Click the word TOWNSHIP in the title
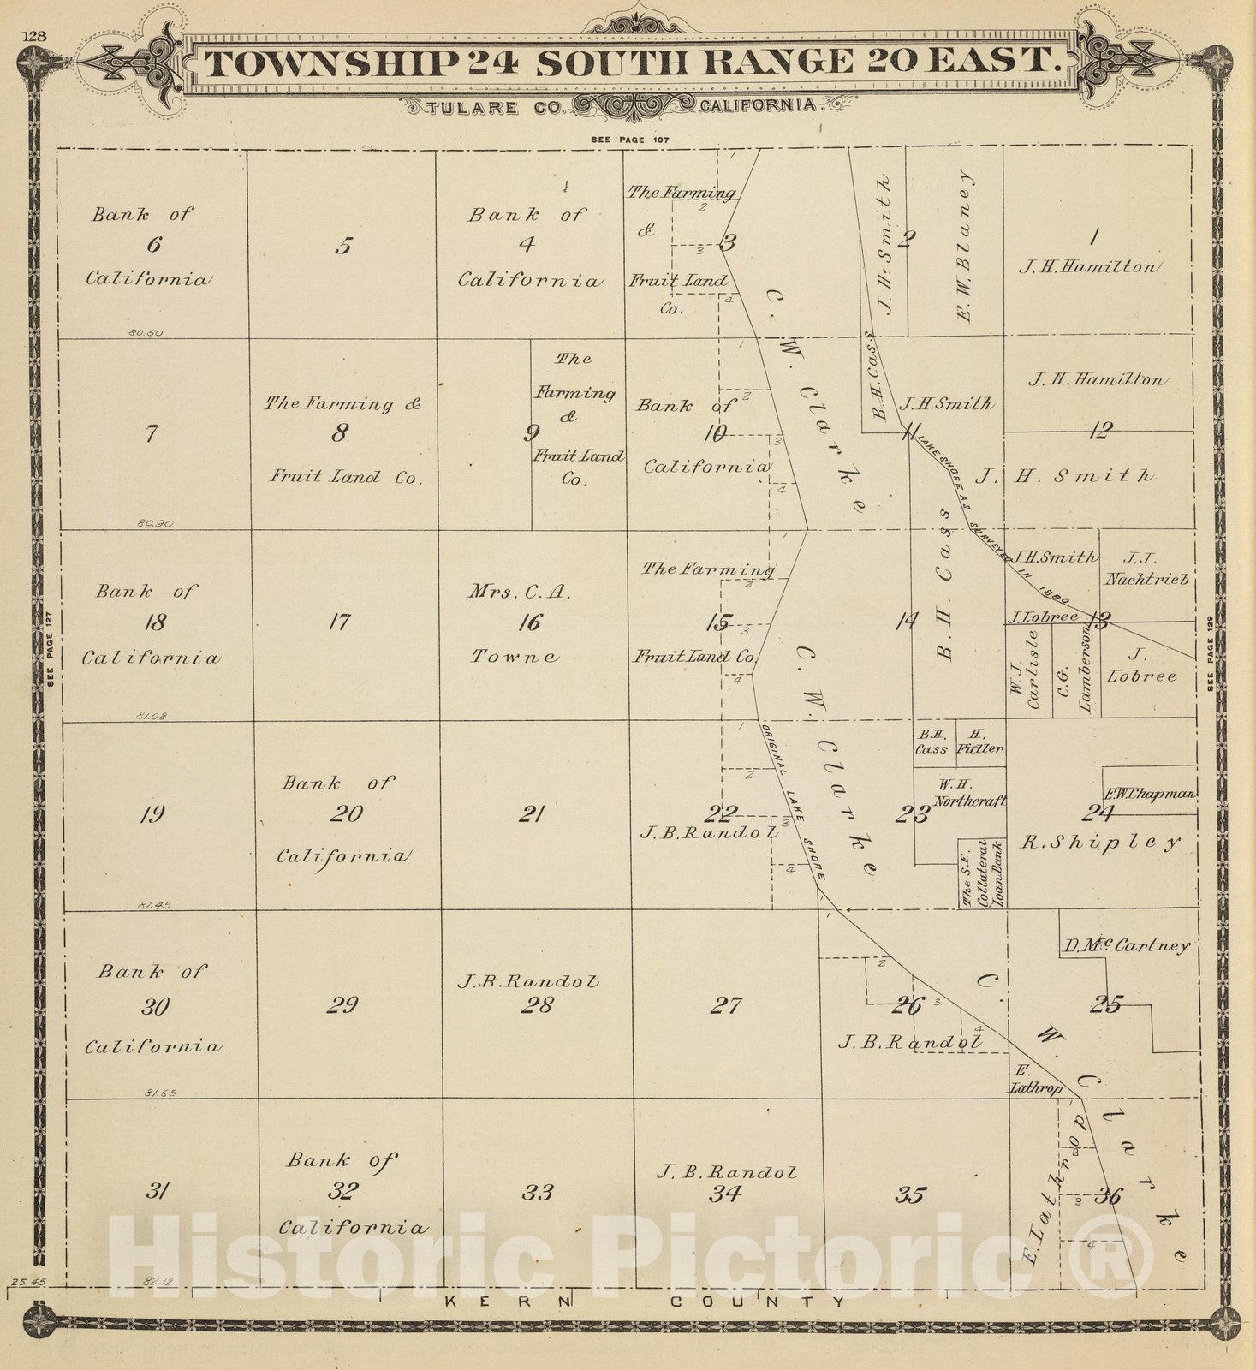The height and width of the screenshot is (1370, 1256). click(330, 63)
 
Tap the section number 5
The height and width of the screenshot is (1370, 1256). click(343, 247)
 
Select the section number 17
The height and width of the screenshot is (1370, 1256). click(340, 622)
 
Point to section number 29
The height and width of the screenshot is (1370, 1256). click(342, 1004)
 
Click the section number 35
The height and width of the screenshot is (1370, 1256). click(909, 1194)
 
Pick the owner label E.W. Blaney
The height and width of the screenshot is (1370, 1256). click(965, 246)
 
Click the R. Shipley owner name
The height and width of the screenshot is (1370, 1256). click(1100, 843)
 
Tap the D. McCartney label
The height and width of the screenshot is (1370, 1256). click(1127, 946)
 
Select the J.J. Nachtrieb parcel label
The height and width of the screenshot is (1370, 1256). click(1146, 569)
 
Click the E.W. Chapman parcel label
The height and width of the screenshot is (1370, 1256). click(1150, 794)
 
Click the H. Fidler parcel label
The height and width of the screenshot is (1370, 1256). click(981, 742)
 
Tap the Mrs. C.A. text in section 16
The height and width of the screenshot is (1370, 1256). click(520, 591)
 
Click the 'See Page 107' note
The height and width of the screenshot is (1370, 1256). click(629, 139)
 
